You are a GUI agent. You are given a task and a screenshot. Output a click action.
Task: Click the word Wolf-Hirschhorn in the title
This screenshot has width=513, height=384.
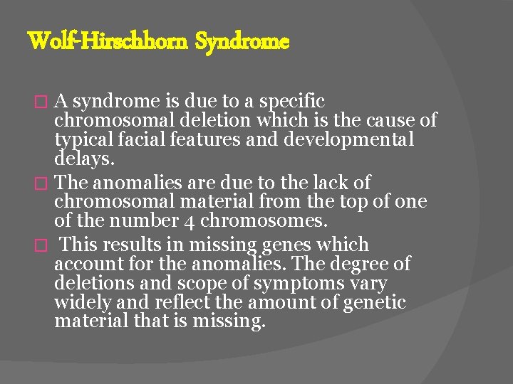[108, 42]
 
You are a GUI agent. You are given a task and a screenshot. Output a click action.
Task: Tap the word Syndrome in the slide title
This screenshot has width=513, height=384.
[242, 42]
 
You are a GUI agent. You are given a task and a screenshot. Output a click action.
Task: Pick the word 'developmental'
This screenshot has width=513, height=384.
[348, 140]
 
